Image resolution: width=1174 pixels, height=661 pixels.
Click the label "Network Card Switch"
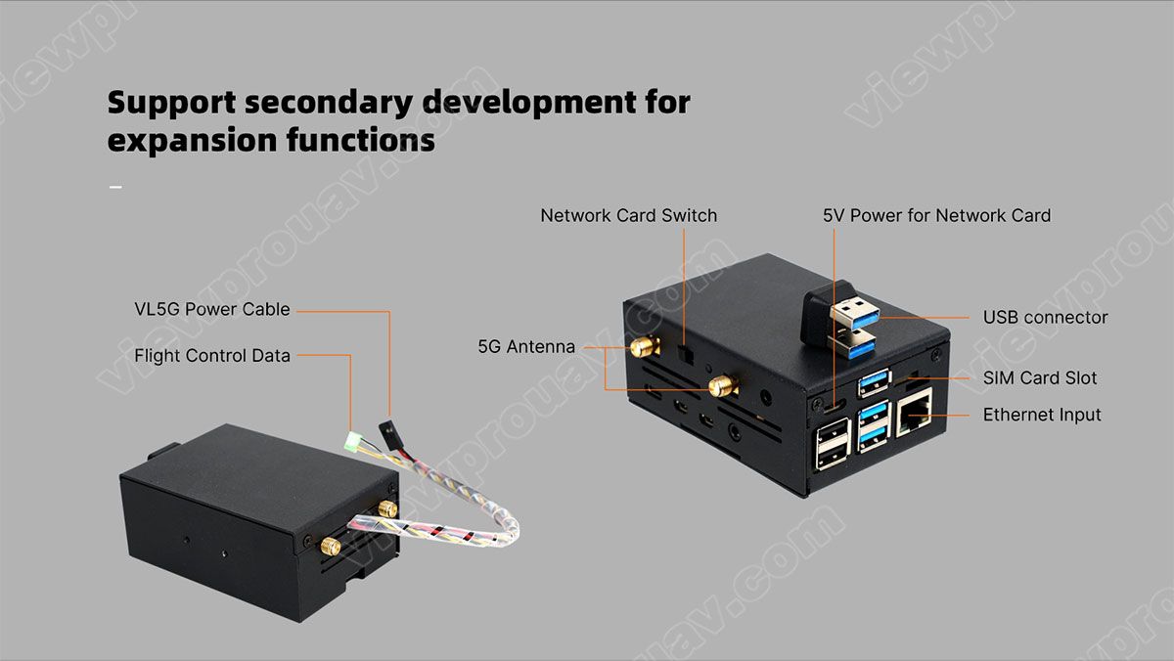click(628, 215)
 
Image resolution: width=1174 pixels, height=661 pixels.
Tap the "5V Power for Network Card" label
click(936, 215)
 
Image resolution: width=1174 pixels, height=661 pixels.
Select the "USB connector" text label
click(1045, 317)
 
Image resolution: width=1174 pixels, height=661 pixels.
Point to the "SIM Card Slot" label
click(1039, 377)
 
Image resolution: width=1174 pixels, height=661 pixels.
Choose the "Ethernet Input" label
click(1042, 415)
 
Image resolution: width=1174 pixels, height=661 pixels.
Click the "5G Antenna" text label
click(526, 346)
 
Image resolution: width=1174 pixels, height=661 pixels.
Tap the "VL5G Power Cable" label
click(212, 309)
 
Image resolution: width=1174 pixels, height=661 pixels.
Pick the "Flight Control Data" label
click(212, 356)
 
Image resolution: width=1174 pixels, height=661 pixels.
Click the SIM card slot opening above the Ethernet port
click(918, 377)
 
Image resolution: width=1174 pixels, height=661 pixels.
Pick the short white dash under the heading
click(115, 186)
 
